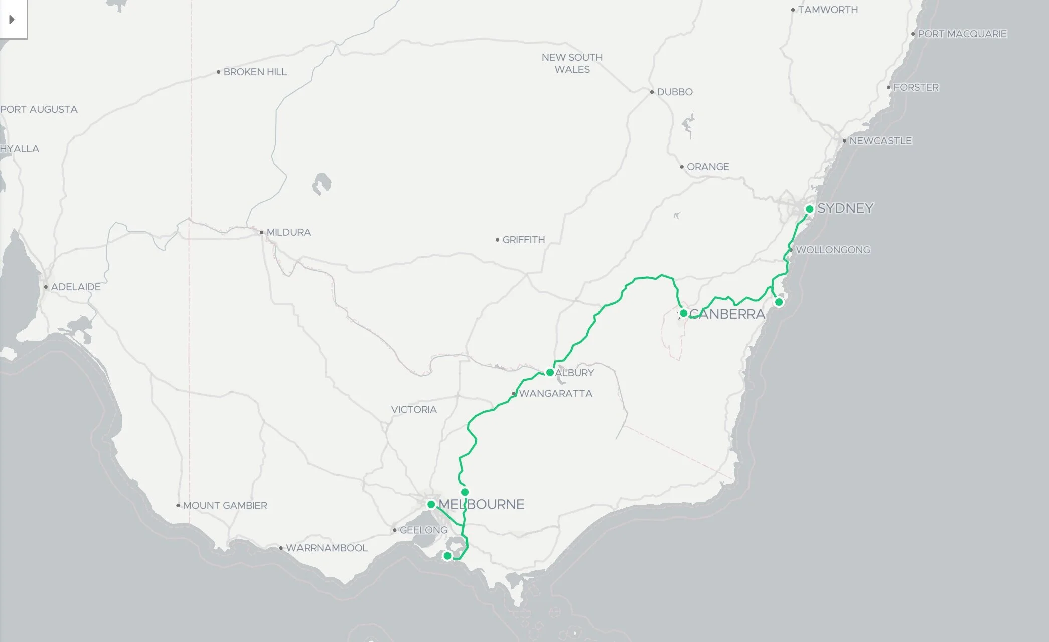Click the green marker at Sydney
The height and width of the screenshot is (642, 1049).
tap(809, 209)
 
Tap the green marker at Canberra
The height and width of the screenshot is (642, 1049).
tap(683, 313)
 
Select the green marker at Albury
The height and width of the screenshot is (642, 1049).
tap(550, 373)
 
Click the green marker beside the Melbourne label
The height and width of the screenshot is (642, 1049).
tap(431, 504)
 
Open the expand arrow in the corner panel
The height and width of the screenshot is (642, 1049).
tap(12, 20)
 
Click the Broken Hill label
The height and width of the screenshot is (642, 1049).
tap(255, 72)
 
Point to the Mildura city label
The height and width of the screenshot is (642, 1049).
tap(288, 233)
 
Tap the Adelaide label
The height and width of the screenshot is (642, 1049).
tap(76, 287)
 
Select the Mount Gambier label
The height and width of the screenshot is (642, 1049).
tap(225, 506)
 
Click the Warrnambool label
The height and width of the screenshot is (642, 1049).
tap(327, 548)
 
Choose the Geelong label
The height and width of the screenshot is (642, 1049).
tap(423, 530)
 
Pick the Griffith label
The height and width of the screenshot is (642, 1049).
tap(523, 240)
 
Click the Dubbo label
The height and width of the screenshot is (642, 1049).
tap(674, 92)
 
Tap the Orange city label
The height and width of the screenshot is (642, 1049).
tap(708, 167)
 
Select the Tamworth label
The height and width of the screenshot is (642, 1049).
tap(828, 10)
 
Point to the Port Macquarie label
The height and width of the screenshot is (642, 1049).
tap(962, 34)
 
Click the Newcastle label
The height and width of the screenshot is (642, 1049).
tap(880, 141)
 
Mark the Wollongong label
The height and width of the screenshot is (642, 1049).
tap(833, 250)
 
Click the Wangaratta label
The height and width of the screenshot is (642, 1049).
tap(555, 394)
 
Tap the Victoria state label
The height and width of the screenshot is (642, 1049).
tap(414, 410)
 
